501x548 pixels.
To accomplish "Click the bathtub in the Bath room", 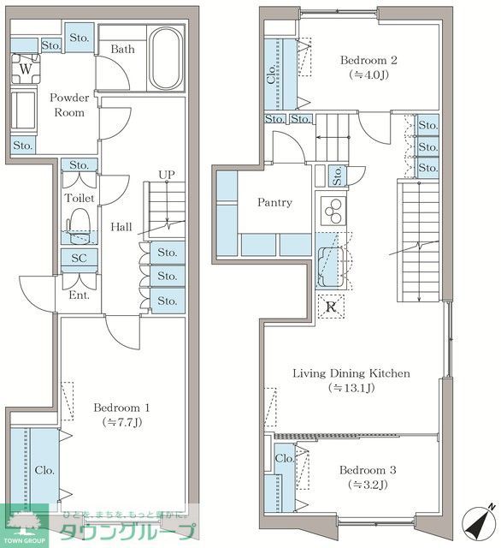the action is pyautogui.click(x=166, y=58).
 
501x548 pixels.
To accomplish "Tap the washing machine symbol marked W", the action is pyautogui.click(x=26, y=68).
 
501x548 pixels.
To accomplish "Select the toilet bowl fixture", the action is pyautogui.click(x=78, y=226).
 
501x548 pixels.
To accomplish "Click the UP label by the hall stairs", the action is pyautogui.click(x=167, y=175).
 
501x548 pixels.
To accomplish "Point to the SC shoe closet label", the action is pyautogui.click(x=80, y=258).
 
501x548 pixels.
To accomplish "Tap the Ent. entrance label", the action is pyautogui.click(x=80, y=295).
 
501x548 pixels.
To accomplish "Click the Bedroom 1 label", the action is pyautogui.click(x=121, y=408).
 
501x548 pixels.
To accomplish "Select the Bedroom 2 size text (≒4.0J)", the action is pyautogui.click(x=368, y=74).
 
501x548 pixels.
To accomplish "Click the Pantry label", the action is pyautogui.click(x=274, y=202).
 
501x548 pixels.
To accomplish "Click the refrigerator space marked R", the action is pyautogui.click(x=331, y=307).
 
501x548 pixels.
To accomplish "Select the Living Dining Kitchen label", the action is pyautogui.click(x=351, y=373).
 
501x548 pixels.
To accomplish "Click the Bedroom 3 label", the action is pyautogui.click(x=368, y=470).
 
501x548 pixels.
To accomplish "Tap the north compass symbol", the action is pyautogui.click(x=479, y=523).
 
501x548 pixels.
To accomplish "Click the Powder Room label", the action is pyautogui.click(x=69, y=104).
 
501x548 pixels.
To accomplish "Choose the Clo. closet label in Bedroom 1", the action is pyautogui.click(x=44, y=470).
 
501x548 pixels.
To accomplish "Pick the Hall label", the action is pyautogui.click(x=121, y=227).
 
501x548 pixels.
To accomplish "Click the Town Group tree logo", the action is pyautogui.click(x=25, y=521).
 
